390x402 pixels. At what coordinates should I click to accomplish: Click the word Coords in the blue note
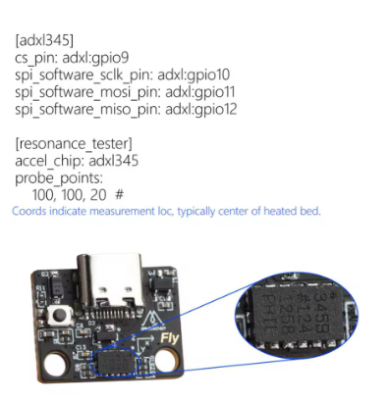(x=29, y=211)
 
